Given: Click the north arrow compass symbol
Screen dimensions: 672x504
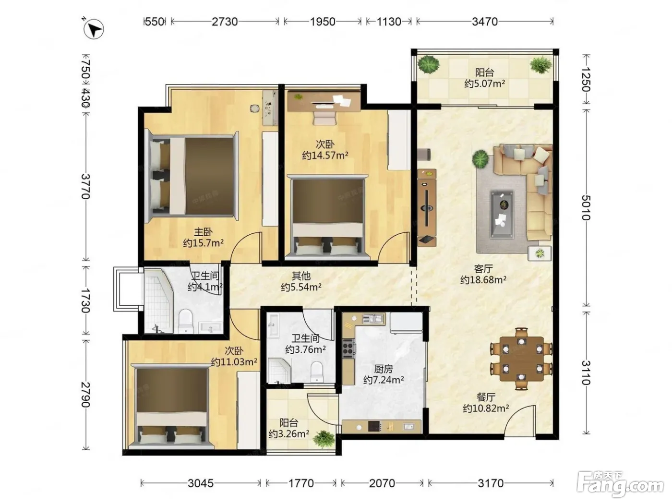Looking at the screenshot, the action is (x=94, y=29).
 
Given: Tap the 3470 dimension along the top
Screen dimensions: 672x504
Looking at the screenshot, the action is (x=485, y=22).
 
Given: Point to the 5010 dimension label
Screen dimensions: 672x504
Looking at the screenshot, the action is (x=585, y=208).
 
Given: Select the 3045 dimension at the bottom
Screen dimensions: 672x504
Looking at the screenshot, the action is (x=201, y=483).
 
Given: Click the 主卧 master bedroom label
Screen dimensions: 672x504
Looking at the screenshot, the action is (x=203, y=232).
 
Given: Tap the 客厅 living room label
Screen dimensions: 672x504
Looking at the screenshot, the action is (x=483, y=269).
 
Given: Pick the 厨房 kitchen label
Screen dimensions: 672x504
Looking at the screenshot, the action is (x=384, y=369).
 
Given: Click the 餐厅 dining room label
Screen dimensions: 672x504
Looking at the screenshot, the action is (x=486, y=397).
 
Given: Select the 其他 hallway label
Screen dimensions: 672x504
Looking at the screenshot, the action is (x=301, y=276).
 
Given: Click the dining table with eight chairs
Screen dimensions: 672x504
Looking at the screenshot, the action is (x=521, y=359).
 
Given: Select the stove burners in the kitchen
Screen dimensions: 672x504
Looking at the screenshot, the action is (x=348, y=349).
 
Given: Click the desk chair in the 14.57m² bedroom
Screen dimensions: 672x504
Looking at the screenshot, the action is (x=323, y=117).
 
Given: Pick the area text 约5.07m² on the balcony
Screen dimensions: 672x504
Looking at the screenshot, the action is (x=485, y=84).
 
